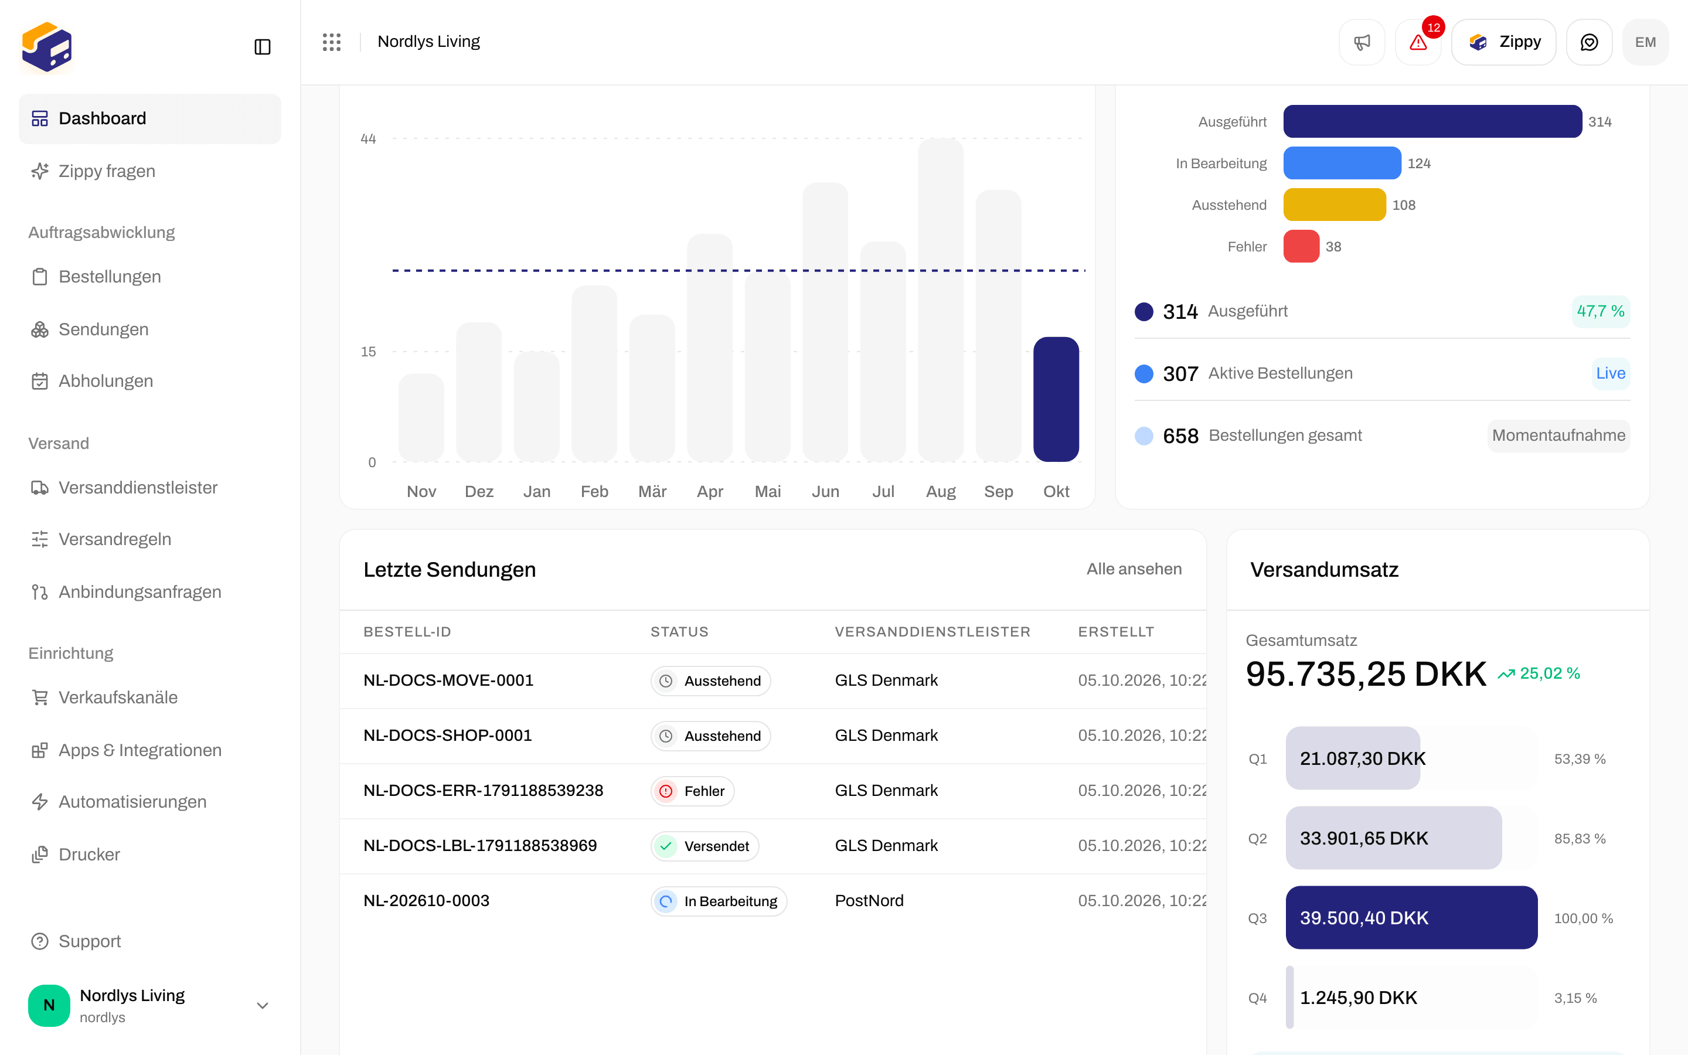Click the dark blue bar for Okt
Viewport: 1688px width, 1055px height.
pos(1056,399)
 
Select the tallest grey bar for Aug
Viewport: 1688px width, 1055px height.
pos(940,300)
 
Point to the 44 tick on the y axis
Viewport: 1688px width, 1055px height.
pos(368,139)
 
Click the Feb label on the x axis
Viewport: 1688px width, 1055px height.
pos(594,491)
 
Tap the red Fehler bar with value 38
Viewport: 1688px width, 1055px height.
pos(1301,246)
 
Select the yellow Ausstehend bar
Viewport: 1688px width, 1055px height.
pos(1335,205)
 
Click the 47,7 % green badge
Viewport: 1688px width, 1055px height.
pos(1600,311)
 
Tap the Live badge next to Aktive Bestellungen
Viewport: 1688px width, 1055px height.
pos(1611,373)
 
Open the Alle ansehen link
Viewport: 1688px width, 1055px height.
pos(1134,569)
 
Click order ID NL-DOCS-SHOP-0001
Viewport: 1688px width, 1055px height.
pos(448,736)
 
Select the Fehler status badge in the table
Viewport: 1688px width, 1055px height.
pos(692,791)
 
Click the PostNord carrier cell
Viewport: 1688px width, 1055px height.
pos(869,901)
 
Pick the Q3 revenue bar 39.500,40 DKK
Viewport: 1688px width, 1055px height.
pos(1411,917)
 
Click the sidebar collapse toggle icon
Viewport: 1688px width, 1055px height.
pos(262,47)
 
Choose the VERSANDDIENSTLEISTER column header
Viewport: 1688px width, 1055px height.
pos(933,632)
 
